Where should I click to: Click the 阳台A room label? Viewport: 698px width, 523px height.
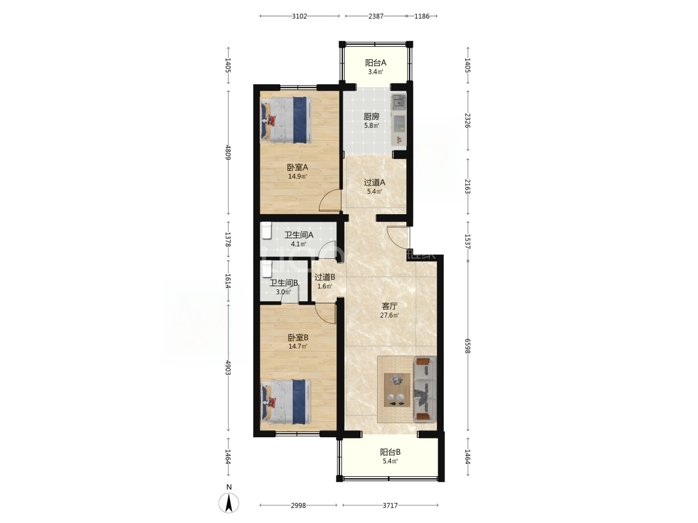point(375,63)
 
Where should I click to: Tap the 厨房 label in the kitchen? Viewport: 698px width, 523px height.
point(371,116)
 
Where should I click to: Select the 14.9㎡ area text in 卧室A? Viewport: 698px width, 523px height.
point(297,176)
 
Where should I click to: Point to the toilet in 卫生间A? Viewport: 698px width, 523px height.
point(266,231)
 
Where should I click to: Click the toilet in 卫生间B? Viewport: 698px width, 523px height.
point(266,269)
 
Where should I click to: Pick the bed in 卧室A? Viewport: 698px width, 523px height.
point(286,120)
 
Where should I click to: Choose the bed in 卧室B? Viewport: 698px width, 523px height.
point(286,401)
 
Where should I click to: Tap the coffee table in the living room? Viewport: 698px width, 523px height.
point(397,390)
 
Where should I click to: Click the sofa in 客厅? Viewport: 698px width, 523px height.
point(424,389)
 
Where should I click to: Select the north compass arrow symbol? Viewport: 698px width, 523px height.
point(229,503)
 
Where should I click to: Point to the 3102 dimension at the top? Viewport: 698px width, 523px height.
point(299,16)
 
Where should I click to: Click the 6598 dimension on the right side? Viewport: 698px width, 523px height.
point(468,346)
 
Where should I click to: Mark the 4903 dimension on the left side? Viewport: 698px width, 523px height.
point(228,368)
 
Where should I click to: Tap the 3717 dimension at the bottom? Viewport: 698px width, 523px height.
point(390,505)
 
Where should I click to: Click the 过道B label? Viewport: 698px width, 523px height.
point(325,277)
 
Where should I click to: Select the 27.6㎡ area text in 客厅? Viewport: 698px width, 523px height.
point(389,315)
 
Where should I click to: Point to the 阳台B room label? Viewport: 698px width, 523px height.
point(390,452)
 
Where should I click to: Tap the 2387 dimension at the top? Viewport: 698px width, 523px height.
point(376,16)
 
